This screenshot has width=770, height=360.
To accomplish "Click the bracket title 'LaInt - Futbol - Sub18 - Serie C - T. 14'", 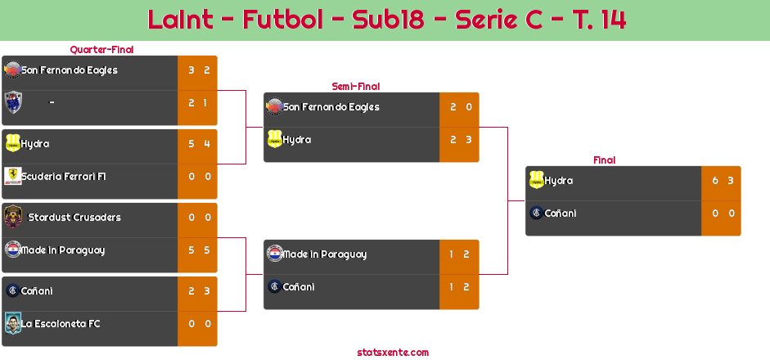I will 386,20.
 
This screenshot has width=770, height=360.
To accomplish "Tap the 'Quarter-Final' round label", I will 101,50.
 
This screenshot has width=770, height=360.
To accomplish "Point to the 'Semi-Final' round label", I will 354,86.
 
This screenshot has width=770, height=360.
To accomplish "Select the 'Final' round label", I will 603,160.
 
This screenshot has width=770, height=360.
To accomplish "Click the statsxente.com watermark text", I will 393,353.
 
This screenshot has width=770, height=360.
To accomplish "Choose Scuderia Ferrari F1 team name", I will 64,177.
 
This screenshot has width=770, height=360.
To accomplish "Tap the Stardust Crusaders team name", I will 74,218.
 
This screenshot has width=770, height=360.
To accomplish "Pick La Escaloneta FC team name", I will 61,324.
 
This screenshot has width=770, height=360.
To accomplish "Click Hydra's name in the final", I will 559,181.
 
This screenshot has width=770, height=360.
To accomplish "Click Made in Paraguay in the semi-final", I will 325,254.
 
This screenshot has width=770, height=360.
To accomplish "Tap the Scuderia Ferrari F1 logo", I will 12,177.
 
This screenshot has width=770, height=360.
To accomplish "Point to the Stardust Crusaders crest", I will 12,217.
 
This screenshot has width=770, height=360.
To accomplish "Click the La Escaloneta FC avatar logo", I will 12,324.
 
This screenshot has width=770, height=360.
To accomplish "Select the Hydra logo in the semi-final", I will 274,140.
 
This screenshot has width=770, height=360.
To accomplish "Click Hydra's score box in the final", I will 722,181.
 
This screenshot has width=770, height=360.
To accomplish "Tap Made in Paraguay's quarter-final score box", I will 198,250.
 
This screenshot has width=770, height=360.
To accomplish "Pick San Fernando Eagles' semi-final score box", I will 460,107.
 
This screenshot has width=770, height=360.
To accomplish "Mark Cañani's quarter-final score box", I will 198,291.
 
